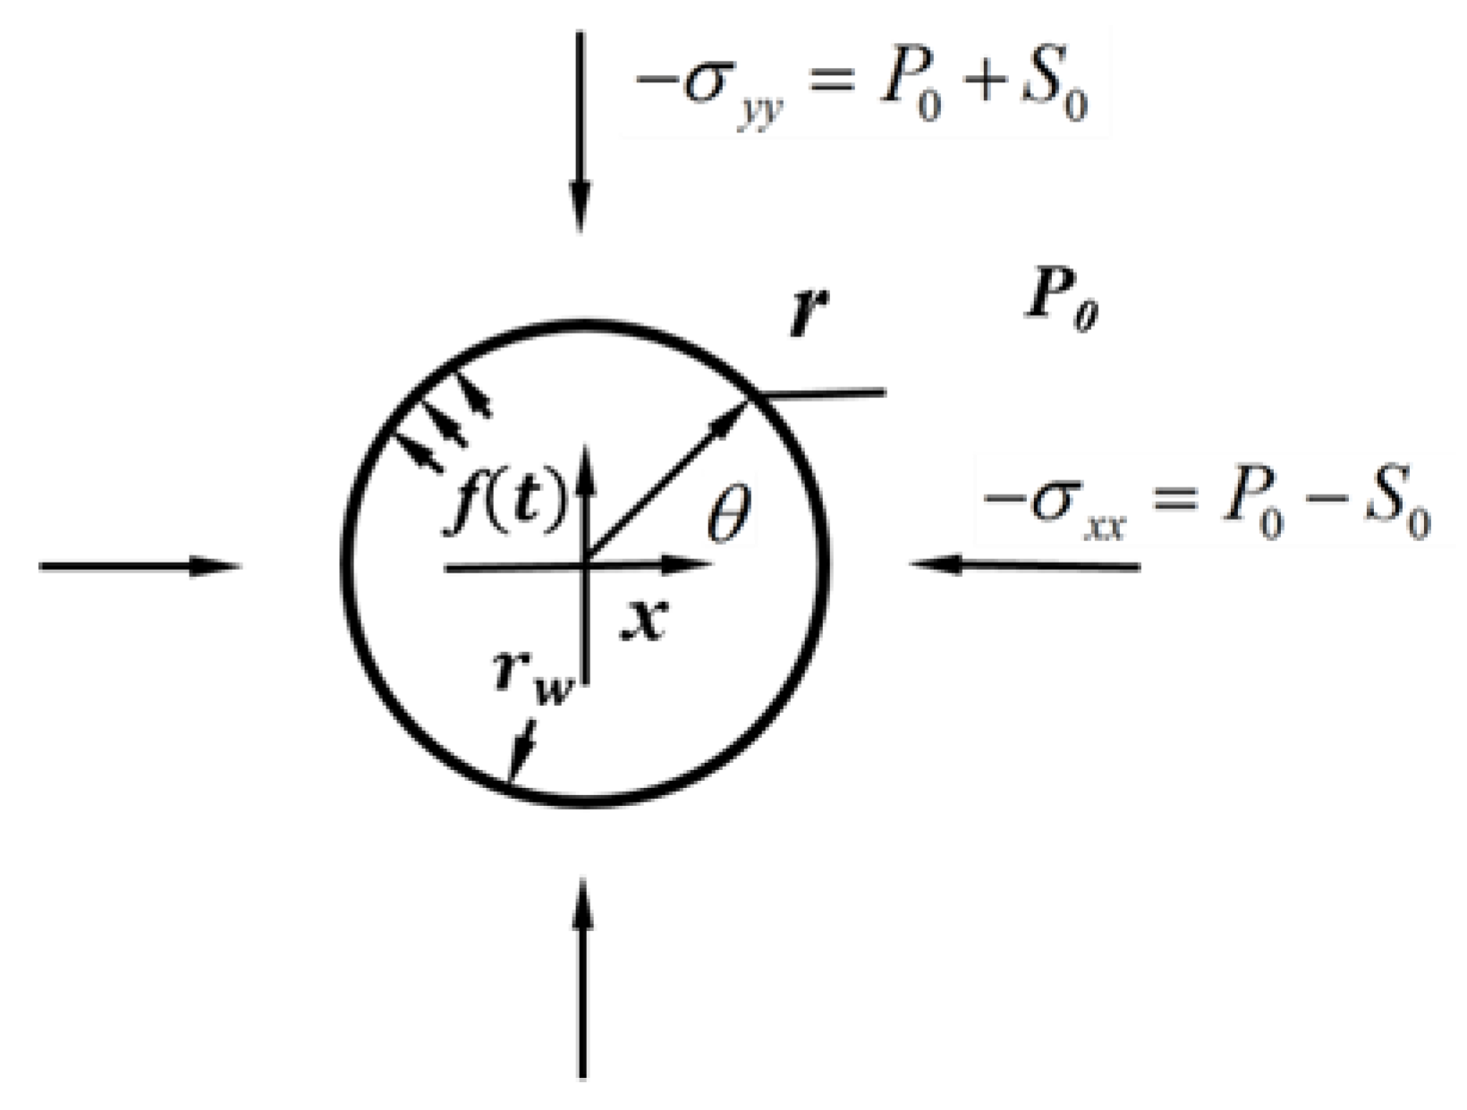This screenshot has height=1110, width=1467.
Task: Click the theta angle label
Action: point(729,516)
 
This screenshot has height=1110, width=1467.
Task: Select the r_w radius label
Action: point(530,677)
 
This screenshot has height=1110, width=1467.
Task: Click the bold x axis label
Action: point(644,619)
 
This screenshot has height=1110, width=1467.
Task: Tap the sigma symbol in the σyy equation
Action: point(702,87)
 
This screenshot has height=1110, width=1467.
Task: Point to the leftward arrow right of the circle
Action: point(1024,565)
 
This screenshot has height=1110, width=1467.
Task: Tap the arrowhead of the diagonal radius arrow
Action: point(735,413)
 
